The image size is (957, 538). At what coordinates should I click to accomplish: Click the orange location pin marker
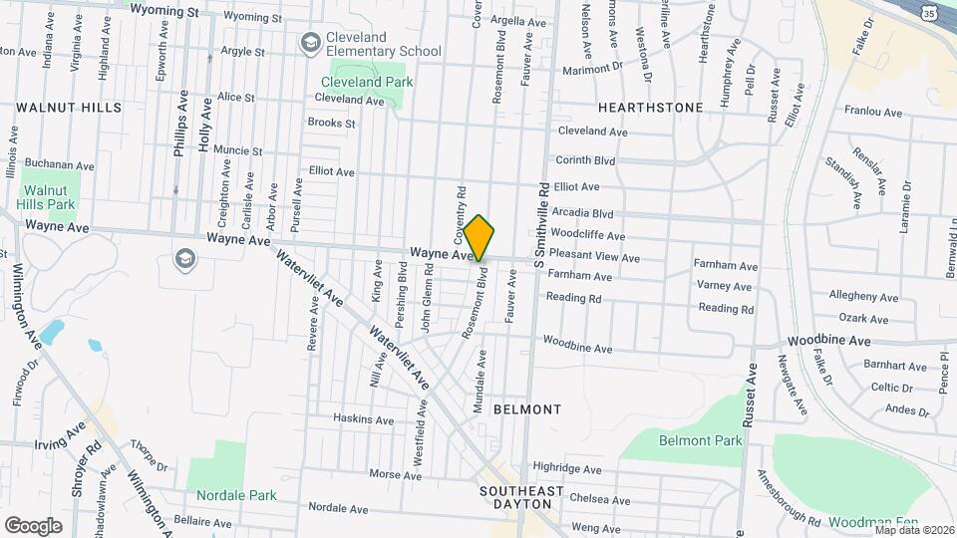click(479, 238)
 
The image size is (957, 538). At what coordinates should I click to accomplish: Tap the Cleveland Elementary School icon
click(310, 43)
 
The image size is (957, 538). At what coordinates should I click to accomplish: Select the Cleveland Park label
click(366, 82)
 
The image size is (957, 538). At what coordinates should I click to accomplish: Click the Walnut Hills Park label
click(50, 196)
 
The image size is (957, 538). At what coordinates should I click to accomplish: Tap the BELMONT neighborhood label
click(527, 409)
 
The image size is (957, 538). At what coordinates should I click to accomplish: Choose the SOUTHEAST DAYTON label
click(521, 498)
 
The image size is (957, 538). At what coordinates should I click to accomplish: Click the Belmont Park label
click(701, 440)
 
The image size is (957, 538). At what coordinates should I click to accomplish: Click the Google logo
click(33, 525)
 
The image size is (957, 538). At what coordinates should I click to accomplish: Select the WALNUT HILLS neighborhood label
click(69, 107)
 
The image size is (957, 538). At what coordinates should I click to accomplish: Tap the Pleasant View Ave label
click(594, 258)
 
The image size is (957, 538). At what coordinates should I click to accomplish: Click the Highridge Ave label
click(567, 467)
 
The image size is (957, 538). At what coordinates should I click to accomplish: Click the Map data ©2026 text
click(913, 530)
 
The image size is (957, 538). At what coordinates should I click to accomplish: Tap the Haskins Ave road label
click(363, 419)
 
